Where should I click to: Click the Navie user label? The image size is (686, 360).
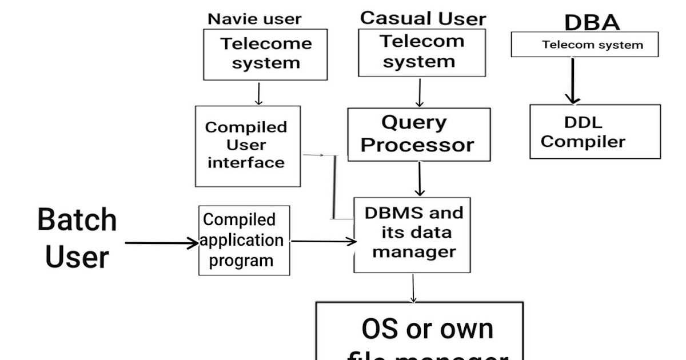[x=254, y=19]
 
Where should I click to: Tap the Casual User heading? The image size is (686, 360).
[x=422, y=18]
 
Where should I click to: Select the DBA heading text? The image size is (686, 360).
[x=592, y=23]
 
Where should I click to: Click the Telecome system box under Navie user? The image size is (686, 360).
[x=265, y=54]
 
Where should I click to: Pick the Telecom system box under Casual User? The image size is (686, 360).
[x=422, y=52]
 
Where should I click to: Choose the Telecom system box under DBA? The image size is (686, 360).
[x=584, y=45]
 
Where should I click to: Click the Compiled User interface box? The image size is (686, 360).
[x=247, y=146]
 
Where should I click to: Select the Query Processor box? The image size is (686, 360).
[x=418, y=134]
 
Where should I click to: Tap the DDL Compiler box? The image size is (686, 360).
[x=595, y=131]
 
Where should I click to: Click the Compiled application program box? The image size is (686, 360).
[x=244, y=240]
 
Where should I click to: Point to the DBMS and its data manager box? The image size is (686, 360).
[x=412, y=234]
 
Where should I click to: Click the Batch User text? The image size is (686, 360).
[x=77, y=238]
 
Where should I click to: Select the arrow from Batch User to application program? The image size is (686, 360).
[x=161, y=243]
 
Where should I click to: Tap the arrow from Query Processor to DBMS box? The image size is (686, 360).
[x=420, y=179]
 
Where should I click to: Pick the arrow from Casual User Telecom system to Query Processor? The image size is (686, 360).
[x=420, y=92]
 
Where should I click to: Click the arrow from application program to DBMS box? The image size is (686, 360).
[x=323, y=241]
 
